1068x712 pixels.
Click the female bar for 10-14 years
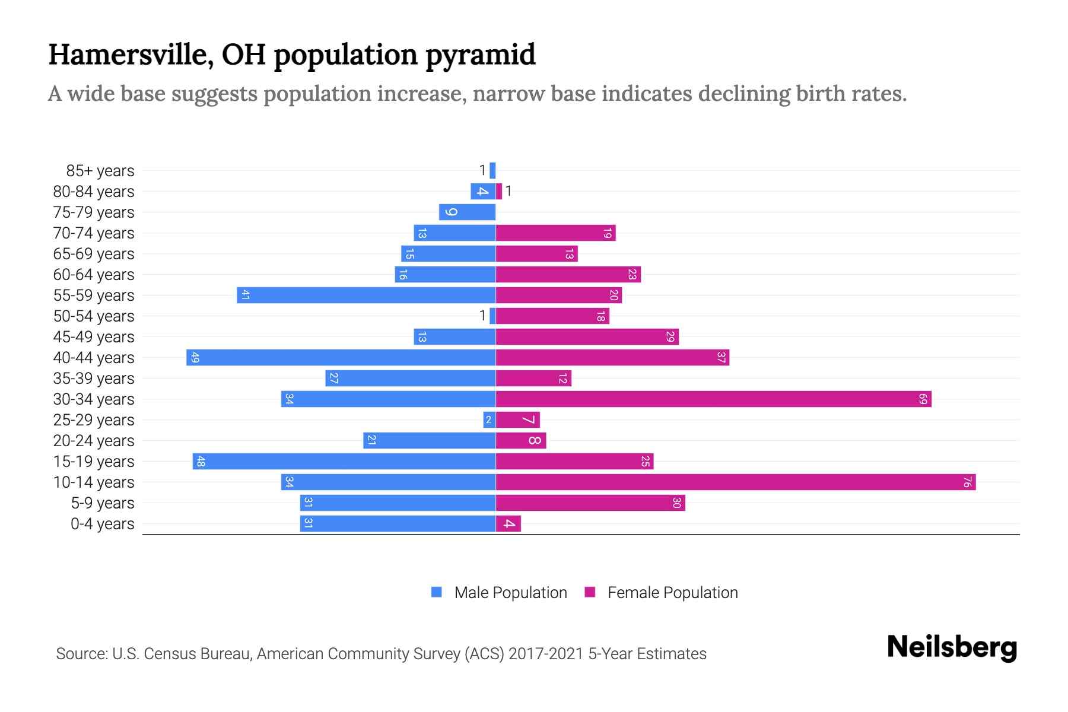(x=736, y=482)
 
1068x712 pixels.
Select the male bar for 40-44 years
(x=341, y=358)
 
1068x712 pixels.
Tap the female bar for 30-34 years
(x=712, y=399)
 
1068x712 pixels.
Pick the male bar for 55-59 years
(x=366, y=295)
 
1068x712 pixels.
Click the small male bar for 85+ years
(x=492, y=171)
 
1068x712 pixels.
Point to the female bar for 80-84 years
(x=499, y=192)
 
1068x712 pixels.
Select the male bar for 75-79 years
(x=468, y=212)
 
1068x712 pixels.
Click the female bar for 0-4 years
(x=508, y=524)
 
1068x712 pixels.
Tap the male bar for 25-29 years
(x=489, y=420)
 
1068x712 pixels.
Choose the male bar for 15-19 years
(x=344, y=462)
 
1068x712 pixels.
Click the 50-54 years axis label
(x=94, y=316)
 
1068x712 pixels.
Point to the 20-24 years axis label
(x=94, y=441)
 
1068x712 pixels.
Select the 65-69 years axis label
(x=94, y=254)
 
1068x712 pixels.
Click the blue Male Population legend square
(x=437, y=592)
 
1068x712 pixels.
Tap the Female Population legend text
(x=672, y=593)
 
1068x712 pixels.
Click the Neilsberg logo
(x=952, y=647)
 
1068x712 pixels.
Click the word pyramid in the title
(x=481, y=55)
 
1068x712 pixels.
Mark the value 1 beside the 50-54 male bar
(x=482, y=316)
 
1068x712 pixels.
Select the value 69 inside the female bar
(x=923, y=399)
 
